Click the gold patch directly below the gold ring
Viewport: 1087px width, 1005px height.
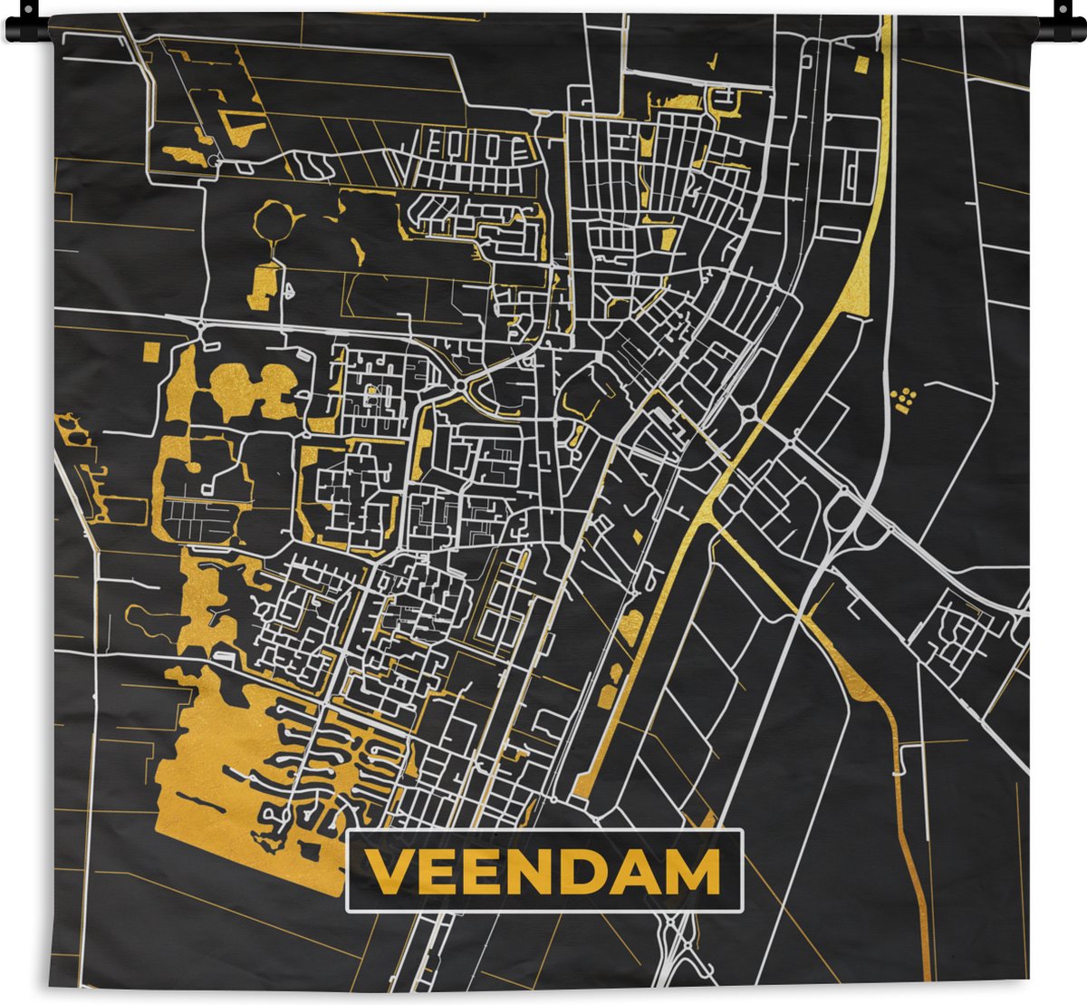click(264, 276)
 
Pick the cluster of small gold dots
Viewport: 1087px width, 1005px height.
click(904, 398)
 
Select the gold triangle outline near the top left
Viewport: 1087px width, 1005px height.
click(240, 125)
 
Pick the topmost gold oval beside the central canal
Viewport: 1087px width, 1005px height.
click(631, 623)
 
